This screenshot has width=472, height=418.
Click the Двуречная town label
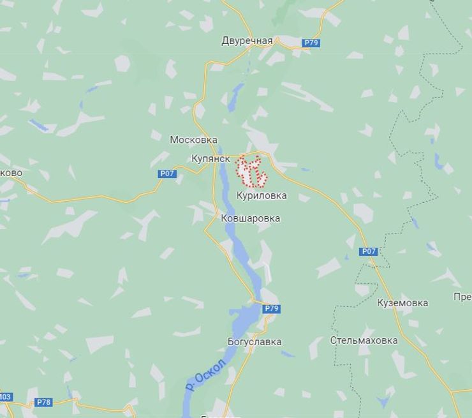tap(247, 41)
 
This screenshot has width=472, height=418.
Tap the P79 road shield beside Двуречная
tap(311, 43)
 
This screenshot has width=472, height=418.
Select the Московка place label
tap(193, 140)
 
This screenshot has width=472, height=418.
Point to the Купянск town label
tap(210, 158)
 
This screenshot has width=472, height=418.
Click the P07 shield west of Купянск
tap(166, 174)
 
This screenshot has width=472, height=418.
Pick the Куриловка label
tap(262, 196)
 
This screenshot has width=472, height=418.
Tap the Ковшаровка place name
tap(250, 218)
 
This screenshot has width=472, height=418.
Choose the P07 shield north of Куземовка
tap(369, 251)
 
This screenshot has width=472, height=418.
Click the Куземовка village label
tap(402, 302)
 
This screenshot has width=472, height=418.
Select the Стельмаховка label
tap(364, 340)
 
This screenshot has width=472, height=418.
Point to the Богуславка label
tap(254, 341)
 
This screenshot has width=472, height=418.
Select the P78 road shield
tap(43, 402)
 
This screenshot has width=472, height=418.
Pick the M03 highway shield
tap(5, 397)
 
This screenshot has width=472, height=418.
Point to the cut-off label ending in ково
tap(11, 173)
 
